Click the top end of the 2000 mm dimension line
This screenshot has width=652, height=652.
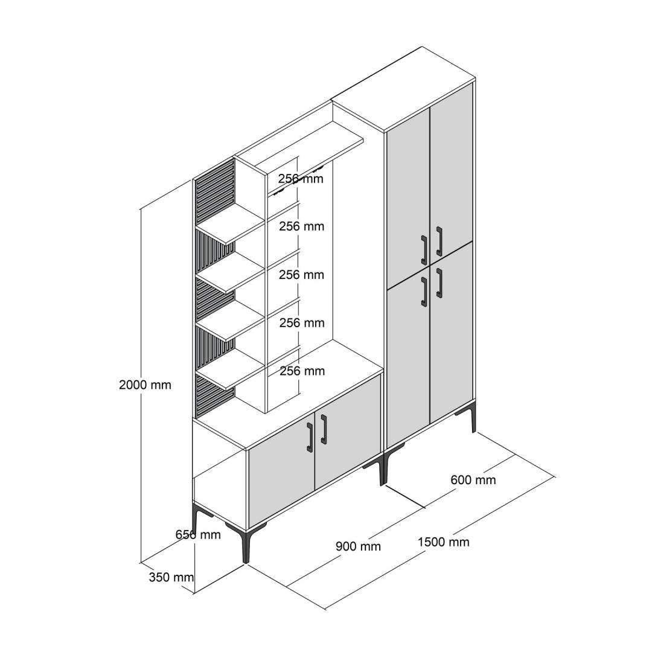pyautogui.click(x=141, y=209)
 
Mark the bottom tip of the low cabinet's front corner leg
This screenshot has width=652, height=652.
pyautogui.click(x=246, y=563)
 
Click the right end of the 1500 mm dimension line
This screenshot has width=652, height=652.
pyautogui.click(x=555, y=477)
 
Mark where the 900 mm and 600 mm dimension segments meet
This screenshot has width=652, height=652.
pyautogui.click(x=424, y=507)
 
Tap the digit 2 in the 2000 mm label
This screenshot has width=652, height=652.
pyautogui.click(x=122, y=385)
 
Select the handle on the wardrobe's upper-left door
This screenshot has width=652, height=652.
pyautogui.click(x=424, y=250)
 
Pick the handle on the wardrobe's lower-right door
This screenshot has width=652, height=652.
pyautogui.click(x=439, y=283)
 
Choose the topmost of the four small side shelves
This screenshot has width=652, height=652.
pyautogui.click(x=231, y=225)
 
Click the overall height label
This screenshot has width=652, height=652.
pyautogui.click(x=145, y=385)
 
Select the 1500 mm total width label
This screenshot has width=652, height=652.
pyautogui.click(x=444, y=542)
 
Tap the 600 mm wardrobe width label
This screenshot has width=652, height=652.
pyautogui.click(x=473, y=481)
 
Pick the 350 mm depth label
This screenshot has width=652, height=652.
pyautogui.click(x=171, y=577)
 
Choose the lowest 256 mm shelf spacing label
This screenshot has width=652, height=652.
pyautogui.click(x=302, y=371)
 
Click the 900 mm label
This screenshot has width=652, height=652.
pyautogui.click(x=358, y=546)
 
